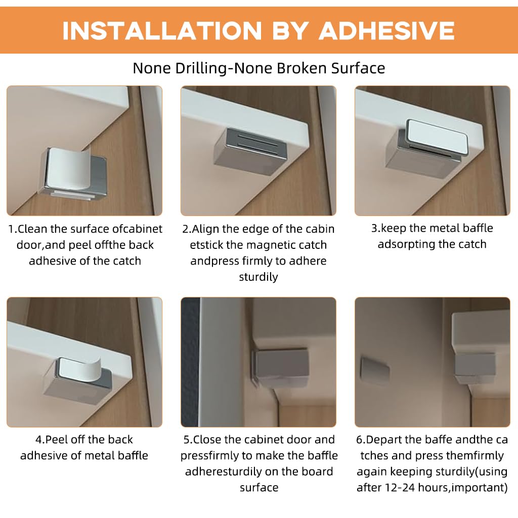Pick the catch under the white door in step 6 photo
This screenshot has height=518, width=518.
(474, 367)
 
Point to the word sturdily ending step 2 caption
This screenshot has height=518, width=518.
(258, 277)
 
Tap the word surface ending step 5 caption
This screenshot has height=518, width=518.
(258, 488)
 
